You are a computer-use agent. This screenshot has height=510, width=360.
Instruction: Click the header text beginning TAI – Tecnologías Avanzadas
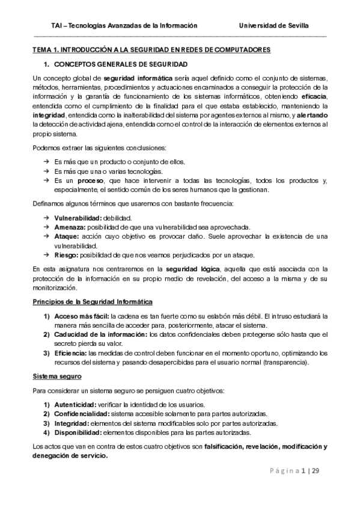(124, 26)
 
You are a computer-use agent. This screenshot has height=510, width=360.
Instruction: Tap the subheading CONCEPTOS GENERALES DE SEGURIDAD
(120, 64)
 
